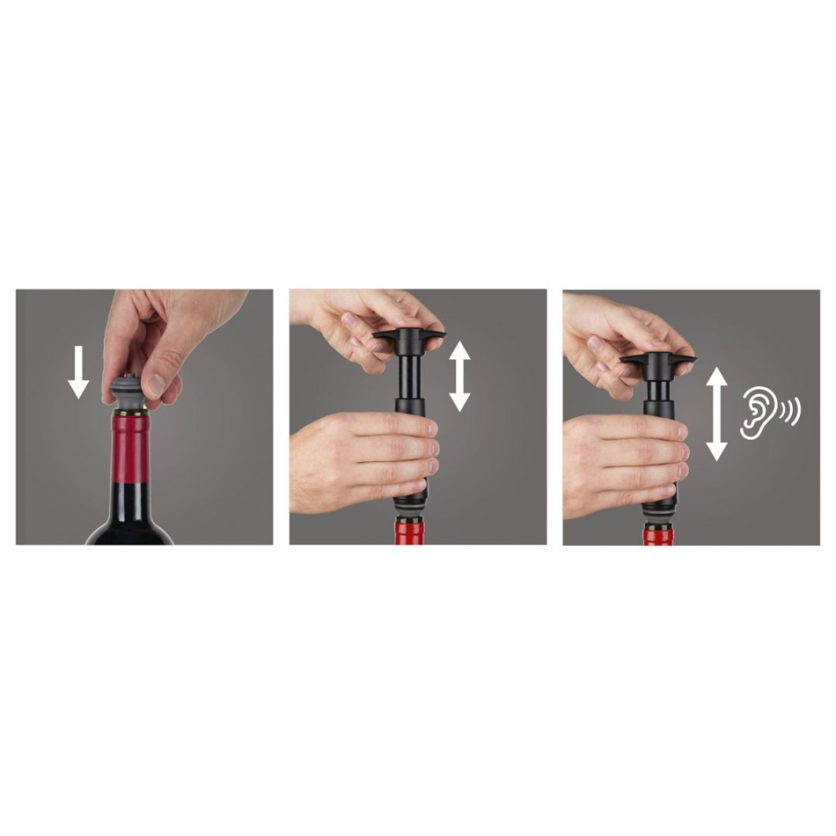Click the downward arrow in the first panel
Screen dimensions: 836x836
(79, 372)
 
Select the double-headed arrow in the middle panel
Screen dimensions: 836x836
(460, 376)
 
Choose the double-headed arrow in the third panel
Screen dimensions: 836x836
(717, 414)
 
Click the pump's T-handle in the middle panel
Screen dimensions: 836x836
(409, 336)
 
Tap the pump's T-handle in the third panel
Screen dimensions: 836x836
(658, 357)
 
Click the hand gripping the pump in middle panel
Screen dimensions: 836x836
(363, 459)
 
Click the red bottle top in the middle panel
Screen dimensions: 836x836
(409, 531)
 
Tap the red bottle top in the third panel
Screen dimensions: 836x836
(658, 536)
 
